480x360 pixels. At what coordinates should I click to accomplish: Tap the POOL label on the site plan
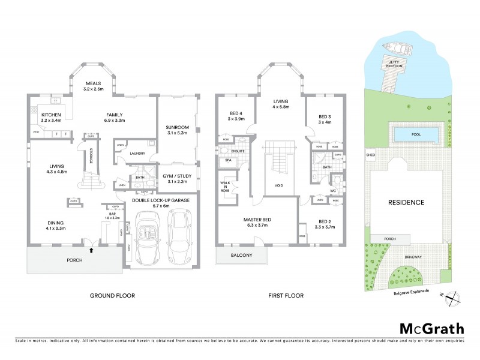click(x=413, y=134)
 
